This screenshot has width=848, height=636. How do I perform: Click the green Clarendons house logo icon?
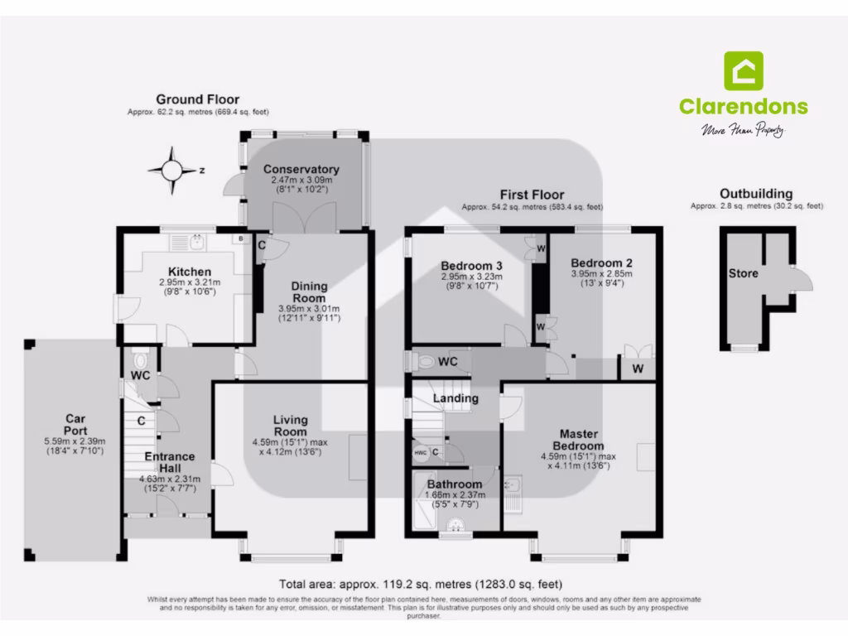(x=744, y=71)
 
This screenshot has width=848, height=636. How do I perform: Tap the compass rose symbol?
(x=171, y=170)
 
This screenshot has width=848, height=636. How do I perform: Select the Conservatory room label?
(x=301, y=169)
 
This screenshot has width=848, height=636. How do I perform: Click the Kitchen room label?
(x=190, y=272)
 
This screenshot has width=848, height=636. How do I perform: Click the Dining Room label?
(x=309, y=292)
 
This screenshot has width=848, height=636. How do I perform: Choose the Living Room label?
(x=291, y=426)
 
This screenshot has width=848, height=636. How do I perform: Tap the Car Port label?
(x=70, y=425)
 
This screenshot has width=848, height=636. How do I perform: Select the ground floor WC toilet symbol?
(x=139, y=361)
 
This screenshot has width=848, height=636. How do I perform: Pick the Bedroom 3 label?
(x=469, y=266)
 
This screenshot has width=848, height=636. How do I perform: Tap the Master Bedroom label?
(x=580, y=440)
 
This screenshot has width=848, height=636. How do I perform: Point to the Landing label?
(x=457, y=398)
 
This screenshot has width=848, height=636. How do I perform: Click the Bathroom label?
(x=455, y=484)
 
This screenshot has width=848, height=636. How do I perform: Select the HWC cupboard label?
(x=420, y=453)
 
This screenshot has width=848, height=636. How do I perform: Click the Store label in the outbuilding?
(x=744, y=273)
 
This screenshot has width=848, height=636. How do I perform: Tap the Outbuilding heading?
(x=756, y=193)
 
